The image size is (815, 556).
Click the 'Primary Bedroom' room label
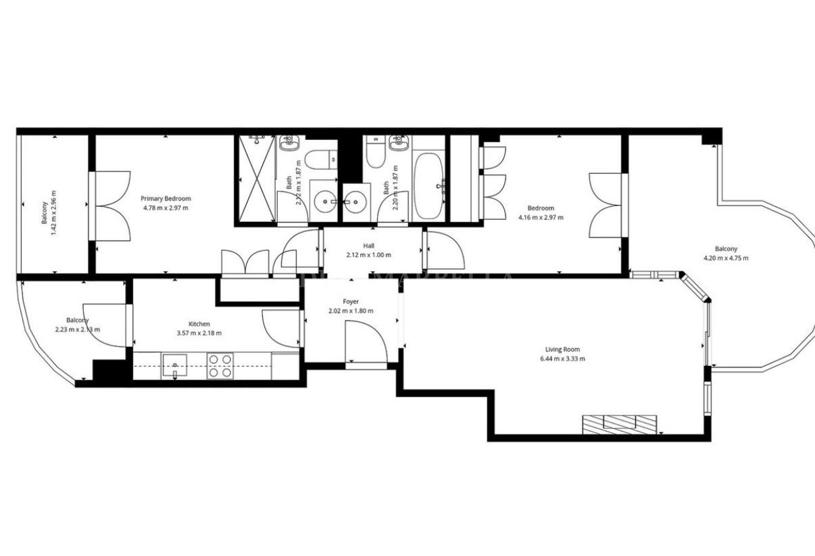pyautogui.click(x=166, y=198)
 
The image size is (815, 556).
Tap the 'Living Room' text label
pyautogui.click(x=563, y=349)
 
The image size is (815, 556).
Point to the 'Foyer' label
pyautogui.click(x=351, y=301)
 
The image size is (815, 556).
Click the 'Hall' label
pyautogui.click(x=368, y=246)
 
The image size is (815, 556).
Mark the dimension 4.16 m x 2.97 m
pyautogui.click(x=541, y=217)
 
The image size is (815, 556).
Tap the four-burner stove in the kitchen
pyautogui.click(x=220, y=365)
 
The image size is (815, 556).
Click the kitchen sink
pyautogui.click(x=174, y=366)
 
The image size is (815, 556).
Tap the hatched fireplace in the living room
pyautogui.click(x=620, y=423)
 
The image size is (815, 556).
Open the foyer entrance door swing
pyautogui.click(x=365, y=342)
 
